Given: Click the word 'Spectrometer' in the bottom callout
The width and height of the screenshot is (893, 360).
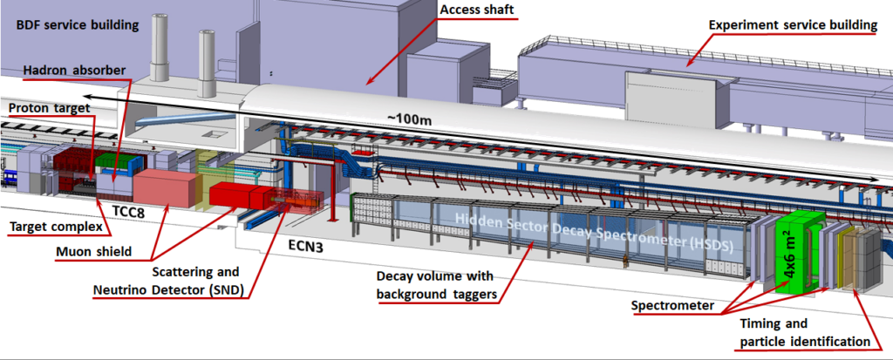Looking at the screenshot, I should pos(672,307).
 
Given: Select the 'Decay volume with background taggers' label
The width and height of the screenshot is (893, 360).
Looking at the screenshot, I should pos(436,285).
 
